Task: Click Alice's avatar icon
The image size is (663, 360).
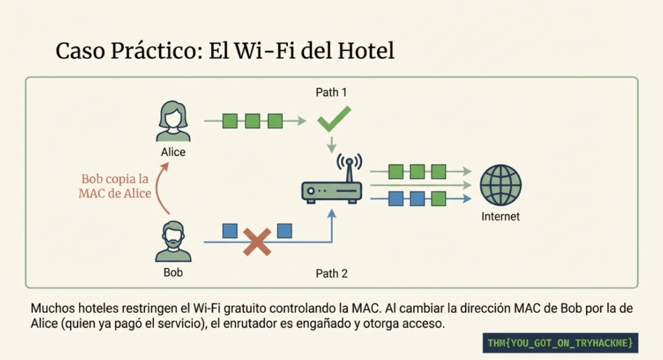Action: point(174,121)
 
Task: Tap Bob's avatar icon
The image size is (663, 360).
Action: point(174,241)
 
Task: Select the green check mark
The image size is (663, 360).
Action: point(333,120)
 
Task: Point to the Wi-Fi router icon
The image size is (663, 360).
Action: point(332,188)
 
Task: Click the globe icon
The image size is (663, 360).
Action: point(500,185)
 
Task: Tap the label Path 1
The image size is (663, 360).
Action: point(331,93)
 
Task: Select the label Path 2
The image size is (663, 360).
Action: point(331,273)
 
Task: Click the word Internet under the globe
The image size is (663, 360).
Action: point(500,217)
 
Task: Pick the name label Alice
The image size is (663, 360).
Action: point(174,152)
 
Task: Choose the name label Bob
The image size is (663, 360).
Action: point(174,273)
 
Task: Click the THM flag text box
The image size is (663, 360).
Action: point(560,341)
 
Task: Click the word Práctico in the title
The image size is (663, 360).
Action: point(151,51)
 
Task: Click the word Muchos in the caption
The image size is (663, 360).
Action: point(52,309)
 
